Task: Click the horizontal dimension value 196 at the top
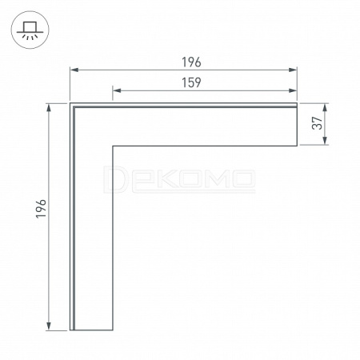(x=191, y=62)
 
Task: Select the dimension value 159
(x=191, y=82)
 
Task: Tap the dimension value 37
(x=318, y=123)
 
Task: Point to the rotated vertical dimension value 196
(x=41, y=209)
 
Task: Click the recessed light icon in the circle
(x=30, y=30)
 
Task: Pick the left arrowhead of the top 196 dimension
(x=74, y=70)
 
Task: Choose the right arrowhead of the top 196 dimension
(x=293, y=70)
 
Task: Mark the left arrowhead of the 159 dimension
(x=117, y=90)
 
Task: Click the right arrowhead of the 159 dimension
(x=293, y=90)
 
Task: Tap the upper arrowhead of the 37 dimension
(x=325, y=107)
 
